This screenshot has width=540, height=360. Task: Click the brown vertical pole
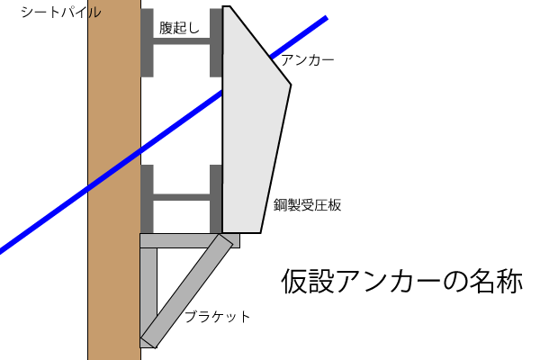click(114, 270)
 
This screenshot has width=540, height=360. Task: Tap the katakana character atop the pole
click(94, 12)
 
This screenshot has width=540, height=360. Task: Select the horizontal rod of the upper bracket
click(182, 41)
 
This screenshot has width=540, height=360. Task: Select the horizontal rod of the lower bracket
click(182, 197)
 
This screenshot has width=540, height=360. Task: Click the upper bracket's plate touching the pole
click(147, 42)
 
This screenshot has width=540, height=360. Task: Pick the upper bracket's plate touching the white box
click(216, 42)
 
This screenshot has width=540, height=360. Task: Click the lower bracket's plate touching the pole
click(147, 198)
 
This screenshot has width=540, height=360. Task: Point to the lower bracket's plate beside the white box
click(216, 198)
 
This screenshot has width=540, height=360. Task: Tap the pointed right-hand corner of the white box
click(290, 85)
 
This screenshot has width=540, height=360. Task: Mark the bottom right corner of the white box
click(260, 232)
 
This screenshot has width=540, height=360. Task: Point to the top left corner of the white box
click(224, 8)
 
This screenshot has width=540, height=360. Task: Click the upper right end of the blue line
click(326, 17)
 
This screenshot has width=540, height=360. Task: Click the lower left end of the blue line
click(2, 251)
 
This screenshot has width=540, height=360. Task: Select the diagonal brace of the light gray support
click(187, 291)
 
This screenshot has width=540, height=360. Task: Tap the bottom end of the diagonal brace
click(148, 342)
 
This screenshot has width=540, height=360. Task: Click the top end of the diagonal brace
click(225, 239)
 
